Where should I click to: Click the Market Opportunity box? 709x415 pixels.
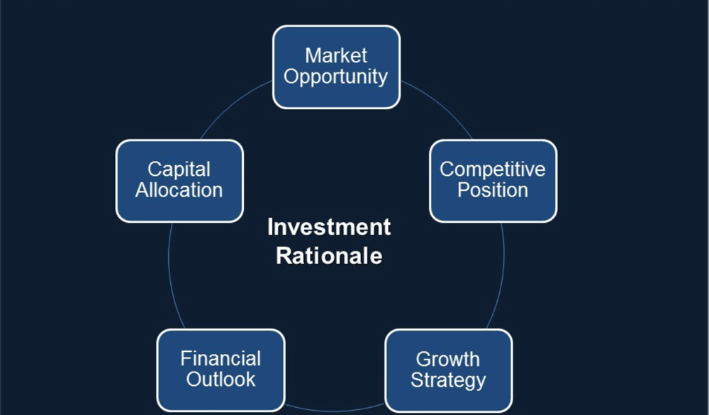pos(336,67)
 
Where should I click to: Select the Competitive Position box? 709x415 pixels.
pos(493,180)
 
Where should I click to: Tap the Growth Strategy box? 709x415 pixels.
pos(448,370)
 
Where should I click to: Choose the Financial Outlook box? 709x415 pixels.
pos(220,370)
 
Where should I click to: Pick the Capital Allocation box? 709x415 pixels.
pos(179,180)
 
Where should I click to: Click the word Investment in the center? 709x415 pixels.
pos(329,227)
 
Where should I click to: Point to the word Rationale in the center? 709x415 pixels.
pos(329,255)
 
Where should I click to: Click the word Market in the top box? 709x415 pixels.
pos(336,55)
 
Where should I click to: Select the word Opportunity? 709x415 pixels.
pos(336,77)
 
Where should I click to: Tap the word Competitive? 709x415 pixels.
pos(493,170)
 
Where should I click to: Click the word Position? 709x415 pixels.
pos(493,190)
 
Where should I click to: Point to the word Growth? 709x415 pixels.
pos(448,359)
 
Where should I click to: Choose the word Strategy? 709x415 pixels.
pos(448,380)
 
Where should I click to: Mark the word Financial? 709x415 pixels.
pos(220,359)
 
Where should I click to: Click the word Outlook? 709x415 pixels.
pos(220,380)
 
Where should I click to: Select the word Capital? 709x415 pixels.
pos(179,170)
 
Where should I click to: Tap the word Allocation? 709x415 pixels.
pos(179,190)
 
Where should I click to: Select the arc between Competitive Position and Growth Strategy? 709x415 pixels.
pos(501,284)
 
